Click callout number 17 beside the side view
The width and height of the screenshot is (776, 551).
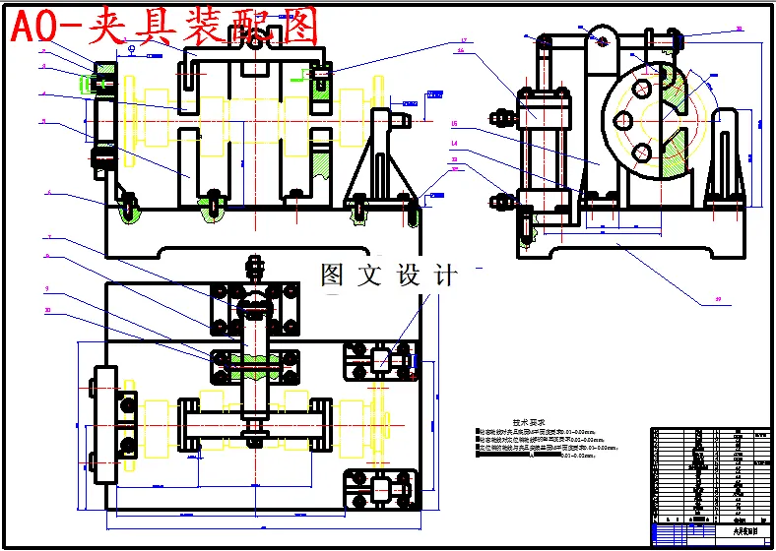point(462,41)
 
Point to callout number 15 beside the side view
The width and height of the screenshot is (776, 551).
point(455,124)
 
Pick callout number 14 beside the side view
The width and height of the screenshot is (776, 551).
point(455,144)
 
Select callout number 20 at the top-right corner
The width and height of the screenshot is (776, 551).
point(739,31)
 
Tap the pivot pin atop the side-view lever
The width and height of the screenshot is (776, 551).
point(602,42)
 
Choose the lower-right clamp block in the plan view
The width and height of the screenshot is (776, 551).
point(378,488)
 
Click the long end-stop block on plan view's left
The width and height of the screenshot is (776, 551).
point(105,423)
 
